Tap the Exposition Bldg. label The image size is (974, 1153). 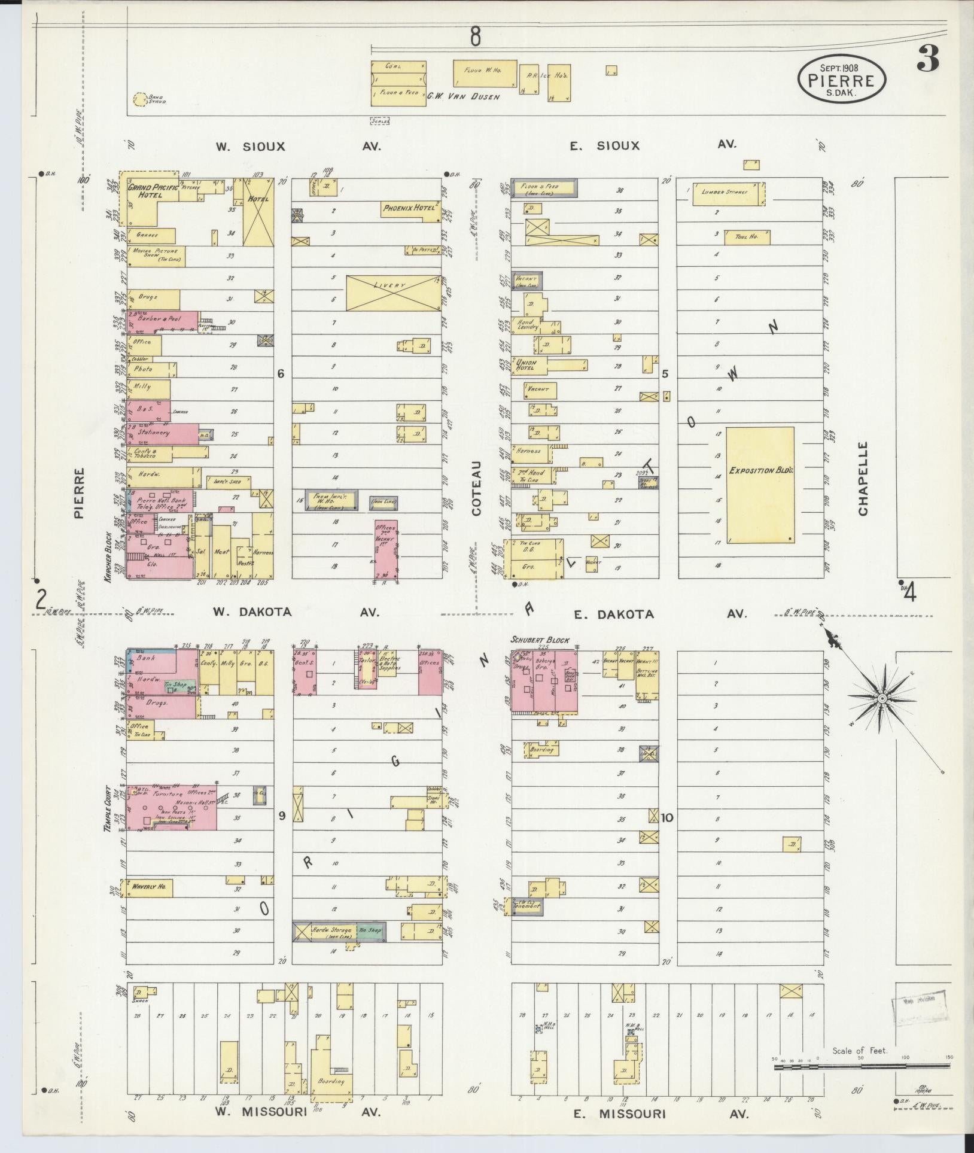(x=760, y=471)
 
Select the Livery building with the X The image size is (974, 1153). (x=393, y=293)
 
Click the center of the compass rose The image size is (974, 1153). (x=881, y=698)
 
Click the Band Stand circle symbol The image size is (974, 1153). (x=140, y=99)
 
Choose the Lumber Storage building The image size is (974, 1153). (x=729, y=193)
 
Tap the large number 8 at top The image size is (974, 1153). (x=475, y=37)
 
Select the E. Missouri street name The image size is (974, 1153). (x=619, y=1114)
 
